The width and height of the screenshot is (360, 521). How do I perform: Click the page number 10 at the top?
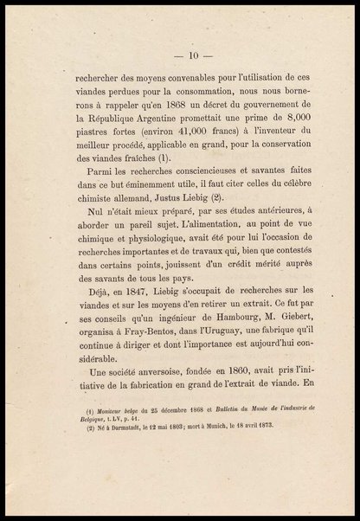(x=179, y=38)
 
